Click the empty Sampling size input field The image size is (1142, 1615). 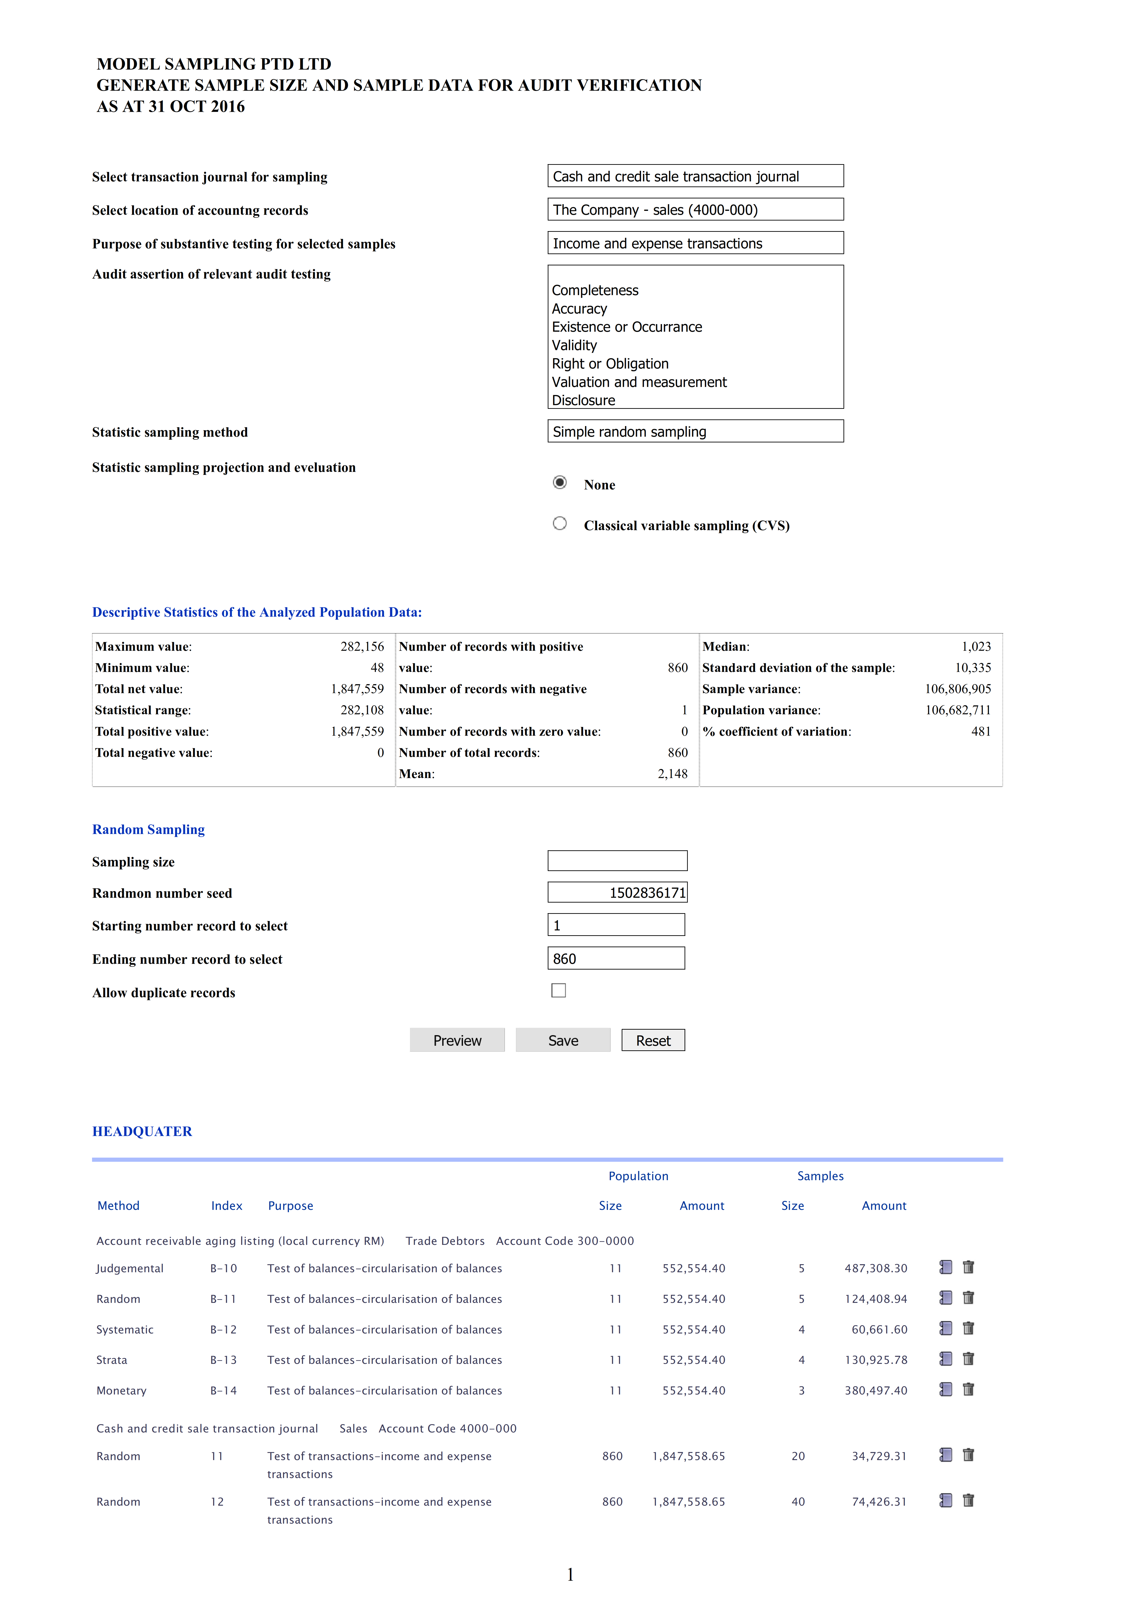pos(617,861)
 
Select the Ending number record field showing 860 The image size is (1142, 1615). pos(616,959)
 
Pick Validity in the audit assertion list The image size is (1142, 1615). pos(574,345)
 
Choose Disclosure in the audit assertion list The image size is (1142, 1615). pos(583,400)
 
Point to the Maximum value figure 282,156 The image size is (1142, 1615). pos(362,646)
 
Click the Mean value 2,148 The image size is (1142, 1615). pos(672,774)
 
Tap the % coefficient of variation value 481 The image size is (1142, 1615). pos(980,732)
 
